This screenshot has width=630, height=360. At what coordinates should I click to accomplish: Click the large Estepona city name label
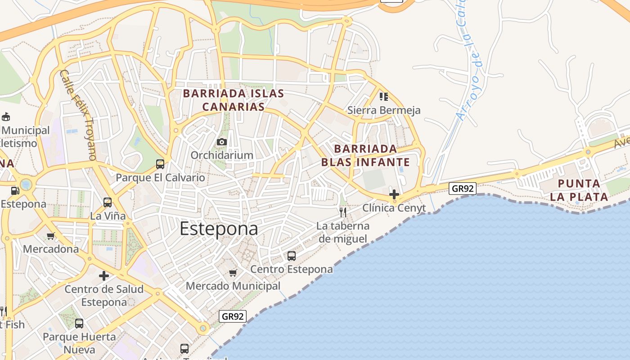219,229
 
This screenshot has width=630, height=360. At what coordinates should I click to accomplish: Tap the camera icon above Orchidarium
221,142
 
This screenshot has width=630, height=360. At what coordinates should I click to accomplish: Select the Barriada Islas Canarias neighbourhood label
233,100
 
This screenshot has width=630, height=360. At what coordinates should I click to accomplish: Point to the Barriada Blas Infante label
365,155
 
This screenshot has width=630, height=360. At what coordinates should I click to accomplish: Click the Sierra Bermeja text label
384,110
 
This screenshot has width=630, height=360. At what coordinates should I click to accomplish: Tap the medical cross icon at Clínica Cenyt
394,194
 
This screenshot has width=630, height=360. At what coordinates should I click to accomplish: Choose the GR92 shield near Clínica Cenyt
462,189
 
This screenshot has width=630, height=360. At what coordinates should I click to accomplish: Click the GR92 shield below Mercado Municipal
233,316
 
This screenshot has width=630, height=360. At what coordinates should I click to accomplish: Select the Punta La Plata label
579,190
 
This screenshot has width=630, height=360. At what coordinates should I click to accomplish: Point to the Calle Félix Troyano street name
78,115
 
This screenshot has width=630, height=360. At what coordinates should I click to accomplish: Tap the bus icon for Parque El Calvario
160,164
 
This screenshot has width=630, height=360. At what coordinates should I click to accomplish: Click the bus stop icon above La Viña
108,202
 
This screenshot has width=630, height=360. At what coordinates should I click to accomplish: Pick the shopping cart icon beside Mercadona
51,236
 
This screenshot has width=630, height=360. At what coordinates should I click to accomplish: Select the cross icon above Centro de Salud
104,276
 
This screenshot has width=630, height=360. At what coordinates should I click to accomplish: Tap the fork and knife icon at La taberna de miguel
343,212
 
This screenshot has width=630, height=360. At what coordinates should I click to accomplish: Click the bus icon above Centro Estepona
292,256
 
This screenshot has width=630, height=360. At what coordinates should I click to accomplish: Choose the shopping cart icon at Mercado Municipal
233,273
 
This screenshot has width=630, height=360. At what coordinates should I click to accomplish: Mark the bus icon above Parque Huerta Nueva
79,323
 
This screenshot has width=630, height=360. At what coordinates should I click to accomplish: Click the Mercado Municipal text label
233,286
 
